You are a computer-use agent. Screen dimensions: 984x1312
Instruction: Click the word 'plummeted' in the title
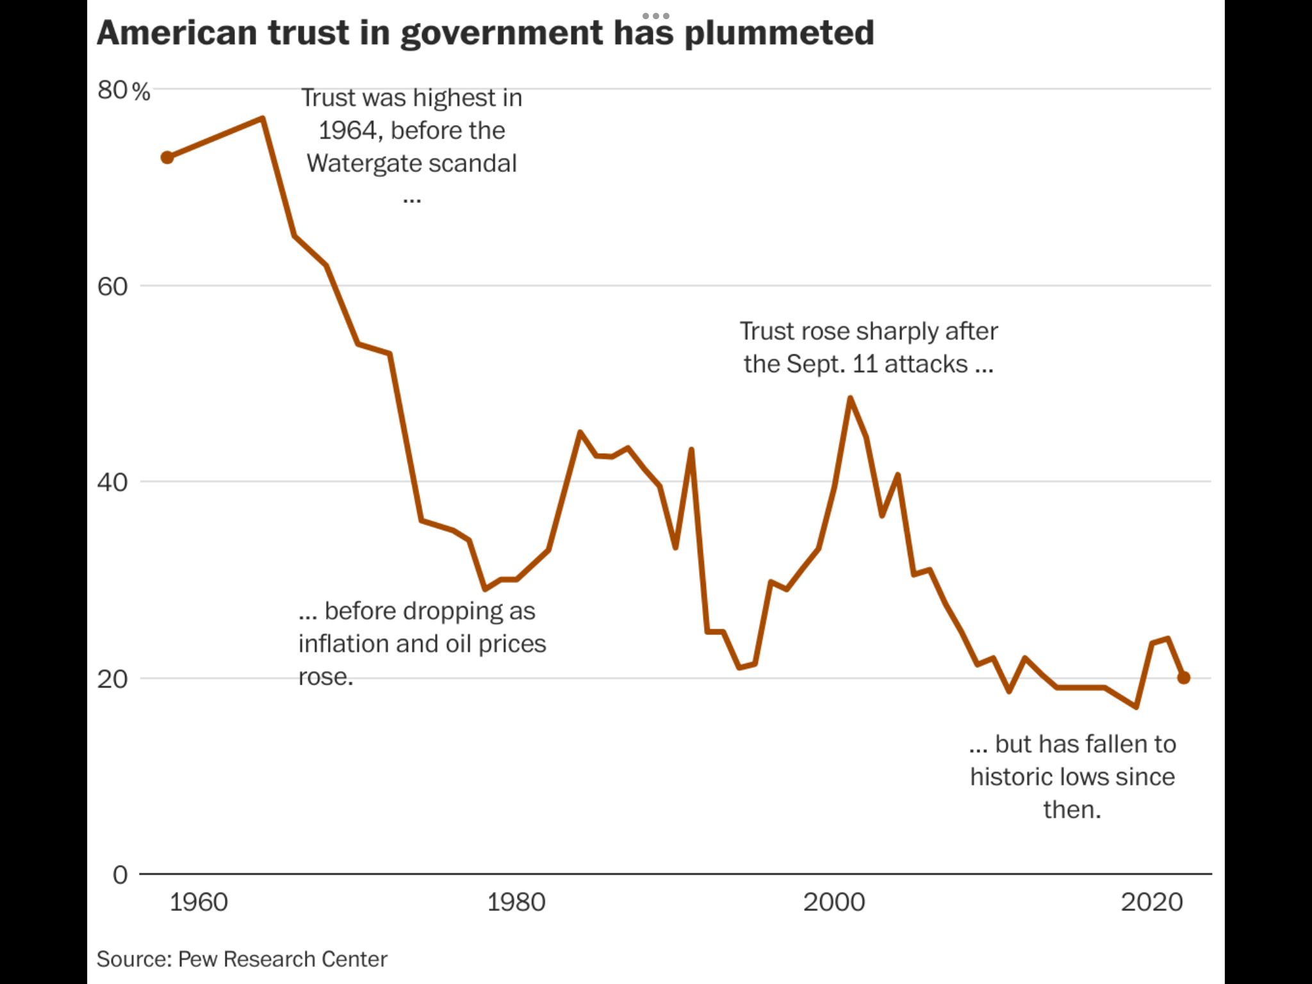pyautogui.click(x=779, y=33)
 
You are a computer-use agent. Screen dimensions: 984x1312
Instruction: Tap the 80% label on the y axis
pyautogui.click(x=124, y=91)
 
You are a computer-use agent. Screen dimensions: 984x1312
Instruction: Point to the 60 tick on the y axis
pyautogui.click(x=113, y=286)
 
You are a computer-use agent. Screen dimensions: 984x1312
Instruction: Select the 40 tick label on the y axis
pyautogui.click(x=113, y=482)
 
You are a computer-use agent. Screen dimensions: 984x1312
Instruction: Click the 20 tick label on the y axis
pyautogui.click(x=113, y=679)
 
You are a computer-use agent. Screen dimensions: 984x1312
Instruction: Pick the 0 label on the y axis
pyautogui.click(x=120, y=875)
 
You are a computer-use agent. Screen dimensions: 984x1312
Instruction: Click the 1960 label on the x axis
pyautogui.click(x=199, y=903)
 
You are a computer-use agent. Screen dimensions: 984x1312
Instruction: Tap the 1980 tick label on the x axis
pyautogui.click(x=516, y=903)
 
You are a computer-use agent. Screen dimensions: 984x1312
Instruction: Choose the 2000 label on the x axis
pyautogui.click(x=834, y=903)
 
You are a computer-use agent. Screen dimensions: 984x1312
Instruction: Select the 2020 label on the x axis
pyautogui.click(x=1152, y=903)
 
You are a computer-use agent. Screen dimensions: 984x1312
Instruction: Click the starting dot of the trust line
pyautogui.click(x=167, y=158)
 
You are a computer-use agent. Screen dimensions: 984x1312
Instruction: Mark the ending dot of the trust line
pyautogui.click(x=1184, y=678)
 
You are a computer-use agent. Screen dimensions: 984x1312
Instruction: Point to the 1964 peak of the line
pyautogui.click(x=263, y=119)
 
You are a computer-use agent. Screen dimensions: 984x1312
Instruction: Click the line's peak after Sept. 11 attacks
pyautogui.click(x=850, y=398)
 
